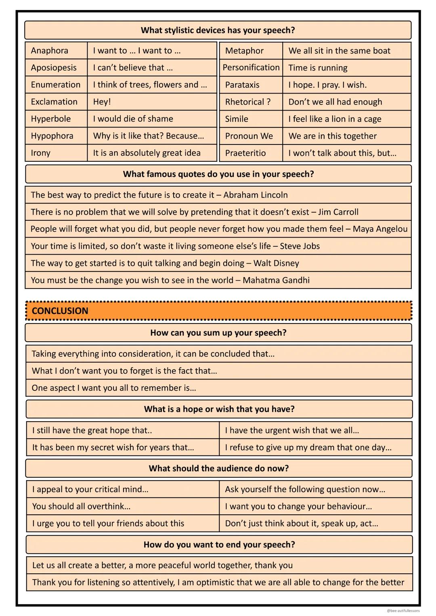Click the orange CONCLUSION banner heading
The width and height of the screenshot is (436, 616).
(60, 311)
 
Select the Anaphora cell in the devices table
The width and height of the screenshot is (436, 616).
(50, 51)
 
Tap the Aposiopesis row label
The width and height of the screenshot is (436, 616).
(54, 68)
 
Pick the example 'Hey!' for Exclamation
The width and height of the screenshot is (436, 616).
(102, 102)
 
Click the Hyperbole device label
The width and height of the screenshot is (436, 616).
(51, 119)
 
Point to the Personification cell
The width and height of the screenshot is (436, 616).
(251, 68)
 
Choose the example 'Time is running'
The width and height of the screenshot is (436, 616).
(318, 68)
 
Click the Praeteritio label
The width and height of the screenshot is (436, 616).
(245, 153)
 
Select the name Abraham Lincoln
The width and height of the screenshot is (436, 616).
(256, 195)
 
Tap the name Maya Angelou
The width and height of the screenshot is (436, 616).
(380, 229)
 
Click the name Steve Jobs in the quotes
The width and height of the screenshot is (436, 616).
(300, 246)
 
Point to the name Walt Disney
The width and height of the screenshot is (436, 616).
(276, 263)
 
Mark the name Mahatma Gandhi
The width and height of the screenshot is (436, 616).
(276, 280)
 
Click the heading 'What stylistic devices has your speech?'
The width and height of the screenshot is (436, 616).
(218, 30)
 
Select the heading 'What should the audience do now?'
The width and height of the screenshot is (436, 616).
(219, 468)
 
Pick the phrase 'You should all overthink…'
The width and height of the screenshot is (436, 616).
(82, 507)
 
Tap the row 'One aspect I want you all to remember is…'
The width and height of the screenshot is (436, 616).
(114, 388)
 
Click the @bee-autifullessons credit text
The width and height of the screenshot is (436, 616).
(403, 611)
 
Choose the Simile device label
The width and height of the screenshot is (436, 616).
(237, 119)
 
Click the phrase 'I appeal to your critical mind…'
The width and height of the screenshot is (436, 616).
(90, 490)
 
